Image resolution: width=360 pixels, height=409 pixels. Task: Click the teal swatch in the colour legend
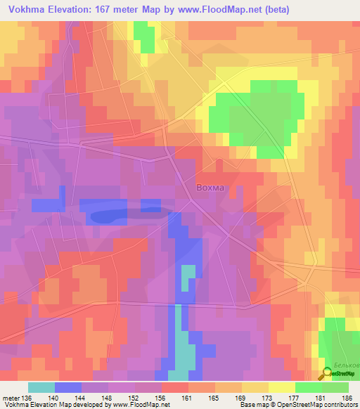41,387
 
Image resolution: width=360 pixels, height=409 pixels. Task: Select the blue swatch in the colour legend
67,387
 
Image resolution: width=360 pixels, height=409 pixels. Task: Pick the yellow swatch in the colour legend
281,387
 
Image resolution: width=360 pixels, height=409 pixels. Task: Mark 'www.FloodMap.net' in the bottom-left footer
136,405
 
